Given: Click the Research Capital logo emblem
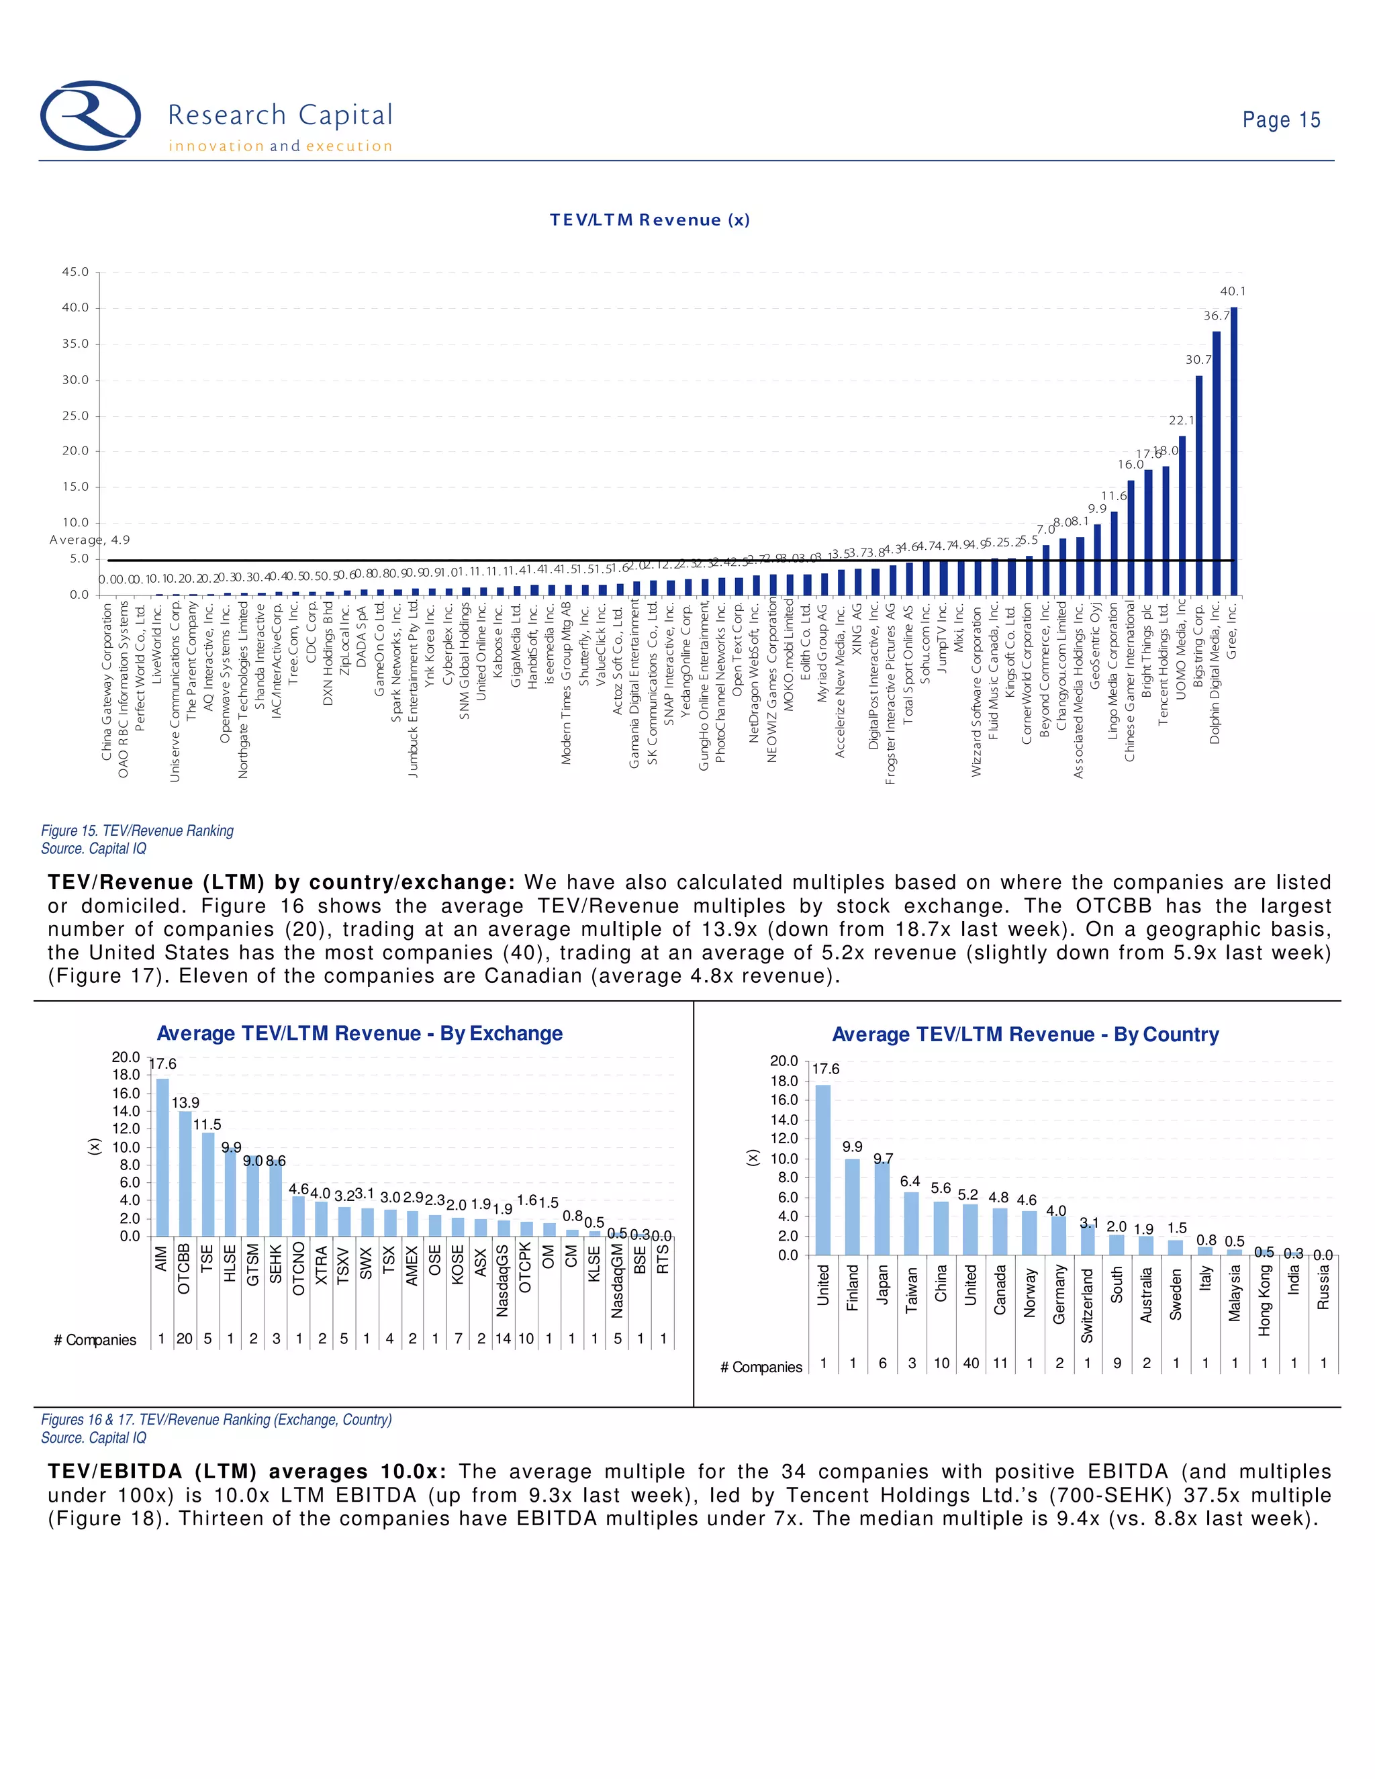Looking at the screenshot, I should pos(91,115).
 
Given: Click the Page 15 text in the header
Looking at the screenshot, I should pos(1280,121).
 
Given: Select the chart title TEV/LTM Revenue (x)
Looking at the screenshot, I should pos(649,220).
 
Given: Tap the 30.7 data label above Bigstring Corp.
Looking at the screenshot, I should pos(1198,359).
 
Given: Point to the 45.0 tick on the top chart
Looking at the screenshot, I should pos(76,272).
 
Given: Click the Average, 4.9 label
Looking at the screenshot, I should pos(89,540).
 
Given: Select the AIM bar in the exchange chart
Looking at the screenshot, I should pos(162,1157).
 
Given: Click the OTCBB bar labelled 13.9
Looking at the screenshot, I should pos(185,1173).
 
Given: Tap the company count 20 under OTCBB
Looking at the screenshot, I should pos(185,1339).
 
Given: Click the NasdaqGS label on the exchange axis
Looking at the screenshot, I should pos(503,1280).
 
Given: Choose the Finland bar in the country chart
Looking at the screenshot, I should pos(852,1206).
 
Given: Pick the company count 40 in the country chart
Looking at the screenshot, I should pos(971,1363).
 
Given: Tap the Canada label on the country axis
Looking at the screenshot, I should pos(1000,1290).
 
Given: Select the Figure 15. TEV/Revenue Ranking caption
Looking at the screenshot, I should pos(137,831).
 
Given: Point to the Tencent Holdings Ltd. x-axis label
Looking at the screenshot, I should pos(1165,664).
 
